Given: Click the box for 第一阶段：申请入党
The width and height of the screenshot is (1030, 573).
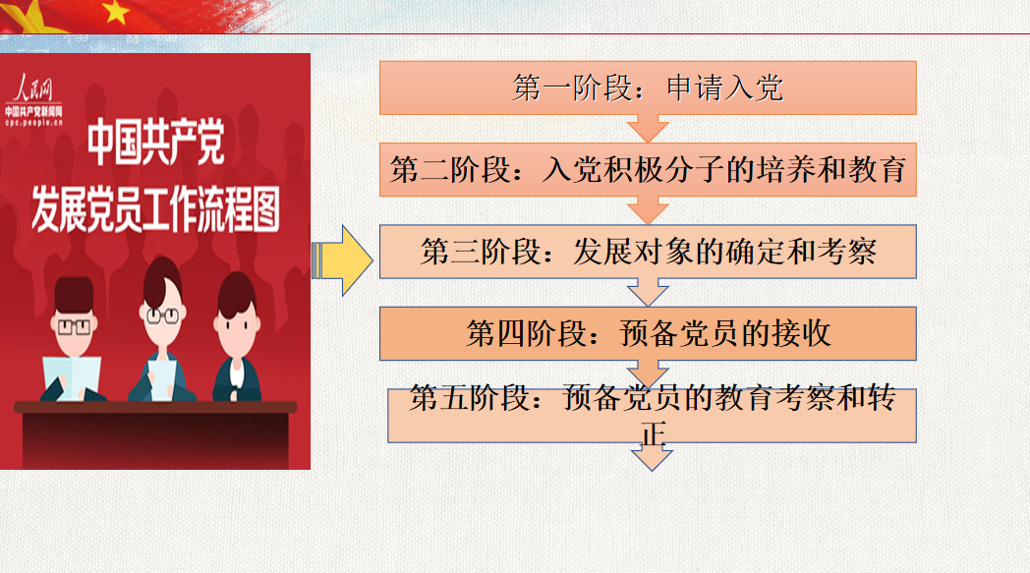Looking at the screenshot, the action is (648, 88).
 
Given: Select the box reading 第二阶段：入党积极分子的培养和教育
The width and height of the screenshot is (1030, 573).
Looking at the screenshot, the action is (648, 169).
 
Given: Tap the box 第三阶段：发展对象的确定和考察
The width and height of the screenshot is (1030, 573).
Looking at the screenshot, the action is (648, 252).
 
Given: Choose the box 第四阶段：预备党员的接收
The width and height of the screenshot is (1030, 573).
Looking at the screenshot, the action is (648, 333).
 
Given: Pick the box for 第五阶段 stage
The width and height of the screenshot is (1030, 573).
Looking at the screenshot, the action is (652, 416).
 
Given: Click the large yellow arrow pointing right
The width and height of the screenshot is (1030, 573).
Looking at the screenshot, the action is (342, 260).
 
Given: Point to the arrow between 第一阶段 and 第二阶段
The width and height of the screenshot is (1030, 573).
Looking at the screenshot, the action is (648, 129).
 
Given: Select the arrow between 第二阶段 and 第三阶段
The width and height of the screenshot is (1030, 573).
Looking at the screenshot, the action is (648, 210).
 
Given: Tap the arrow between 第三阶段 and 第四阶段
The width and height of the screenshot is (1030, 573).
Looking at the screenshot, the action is (648, 293).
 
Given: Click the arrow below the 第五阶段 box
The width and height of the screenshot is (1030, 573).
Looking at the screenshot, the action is (652, 457).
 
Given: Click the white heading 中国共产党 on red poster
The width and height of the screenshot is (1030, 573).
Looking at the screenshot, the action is (156, 142).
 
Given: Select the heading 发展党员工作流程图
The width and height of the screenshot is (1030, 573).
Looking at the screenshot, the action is (155, 209).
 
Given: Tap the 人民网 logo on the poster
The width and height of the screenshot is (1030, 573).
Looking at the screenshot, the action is (33, 87).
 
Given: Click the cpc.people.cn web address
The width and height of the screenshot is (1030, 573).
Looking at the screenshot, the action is (34, 122).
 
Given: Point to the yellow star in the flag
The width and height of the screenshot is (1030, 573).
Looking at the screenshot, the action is (116, 11).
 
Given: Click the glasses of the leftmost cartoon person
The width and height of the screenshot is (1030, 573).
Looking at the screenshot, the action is (74, 326).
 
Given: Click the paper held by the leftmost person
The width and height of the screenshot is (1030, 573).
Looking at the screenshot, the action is (73, 377).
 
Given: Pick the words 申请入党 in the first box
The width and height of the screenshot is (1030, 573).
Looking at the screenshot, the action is (725, 88).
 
